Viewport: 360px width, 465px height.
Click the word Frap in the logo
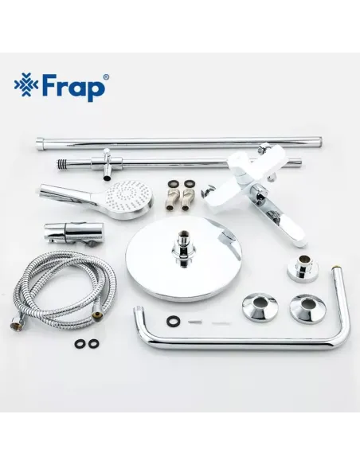[x=74, y=86]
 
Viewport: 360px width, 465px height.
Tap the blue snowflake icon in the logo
[x=25, y=85]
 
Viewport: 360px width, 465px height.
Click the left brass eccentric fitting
[x=170, y=191]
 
